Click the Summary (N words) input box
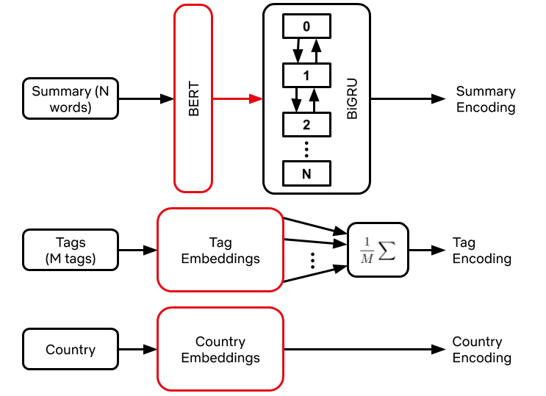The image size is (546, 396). [x=71, y=98]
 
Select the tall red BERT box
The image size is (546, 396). [x=193, y=98]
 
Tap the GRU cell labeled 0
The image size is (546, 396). [x=306, y=26]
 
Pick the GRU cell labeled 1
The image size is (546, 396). [x=306, y=75]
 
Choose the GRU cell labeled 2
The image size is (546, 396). [x=306, y=123]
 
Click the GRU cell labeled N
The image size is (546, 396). [x=306, y=173]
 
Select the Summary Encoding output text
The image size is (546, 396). [x=486, y=99]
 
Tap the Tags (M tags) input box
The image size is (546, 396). [x=71, y=250]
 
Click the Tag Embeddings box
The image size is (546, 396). [x=220, y=250]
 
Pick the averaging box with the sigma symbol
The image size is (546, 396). [x=377, y=250]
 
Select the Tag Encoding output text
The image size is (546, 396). [x=481, y=251]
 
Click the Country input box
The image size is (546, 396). [x=71, y=350]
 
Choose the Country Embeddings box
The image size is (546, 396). [x=220, y=350]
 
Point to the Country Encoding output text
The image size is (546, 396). [x=481, y=350]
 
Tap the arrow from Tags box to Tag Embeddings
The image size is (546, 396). [x=137, y=250]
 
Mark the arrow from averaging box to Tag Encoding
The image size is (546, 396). [x=426, y=250]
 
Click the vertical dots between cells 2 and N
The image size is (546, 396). [x=306, y=148]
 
